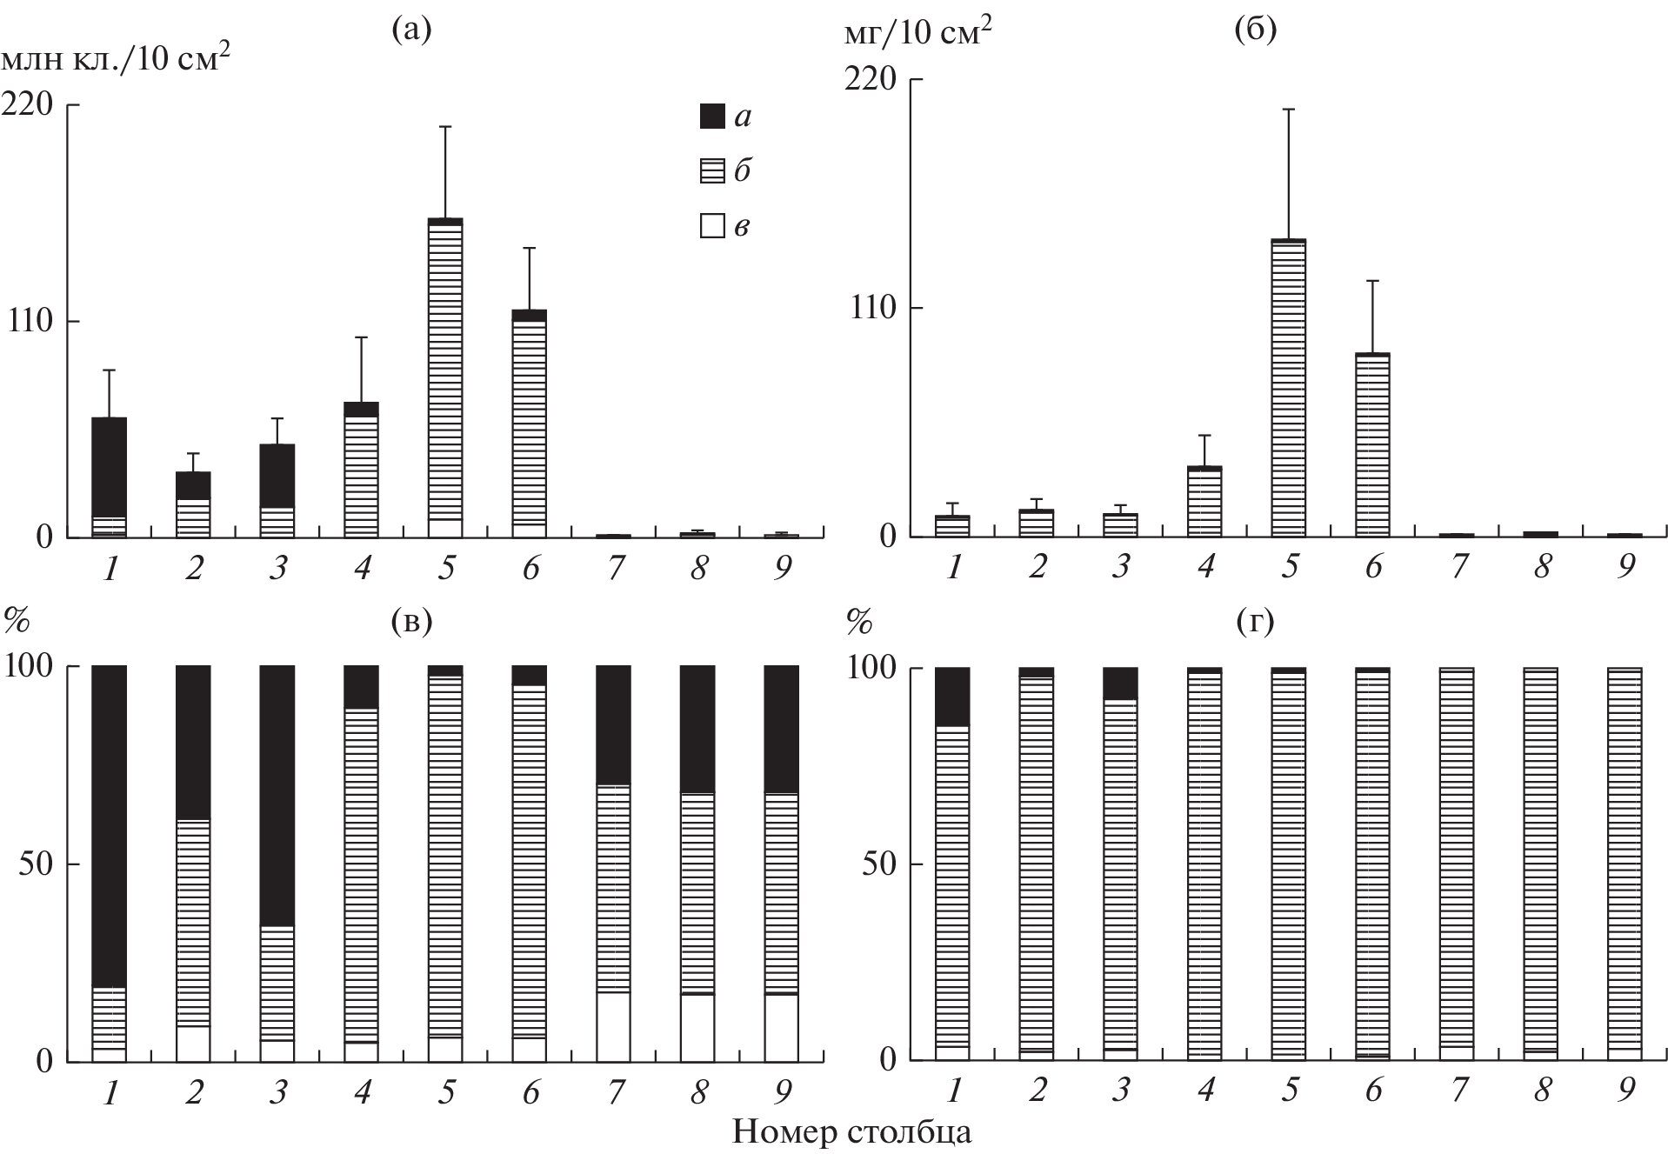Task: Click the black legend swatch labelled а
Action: tap(712, 117)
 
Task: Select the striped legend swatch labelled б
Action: tap(712, 171)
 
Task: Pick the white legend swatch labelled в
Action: tap(712, 227)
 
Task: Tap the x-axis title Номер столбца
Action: tap(851, 1131)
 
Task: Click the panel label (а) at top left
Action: tap(411, 30)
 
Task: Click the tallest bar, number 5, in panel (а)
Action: tap(445, 374)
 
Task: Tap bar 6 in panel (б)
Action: tap(1373, 444)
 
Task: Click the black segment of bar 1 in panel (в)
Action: tap(110, 826)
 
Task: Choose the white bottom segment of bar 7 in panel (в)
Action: tap(613, 1026)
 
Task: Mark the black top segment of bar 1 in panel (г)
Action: tap(952, 697)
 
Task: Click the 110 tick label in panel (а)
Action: tap(31, 321)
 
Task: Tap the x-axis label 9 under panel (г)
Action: tap(1626, 1090)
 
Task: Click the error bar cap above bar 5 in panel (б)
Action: tap(1289, 110)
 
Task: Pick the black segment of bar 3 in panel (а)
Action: tap(277, 476)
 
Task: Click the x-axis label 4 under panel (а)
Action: tap(362, 568)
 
